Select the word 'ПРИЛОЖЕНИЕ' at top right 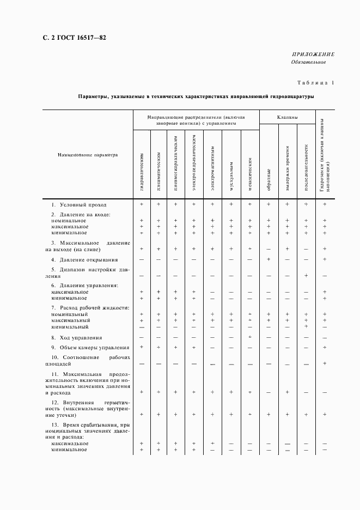(x=313, y=54)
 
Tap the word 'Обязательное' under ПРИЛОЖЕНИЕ (x=309, y=62)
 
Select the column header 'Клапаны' (x=287, y=117)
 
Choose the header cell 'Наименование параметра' (x=88, y=155)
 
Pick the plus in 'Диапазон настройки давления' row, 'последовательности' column (x=306, y=276)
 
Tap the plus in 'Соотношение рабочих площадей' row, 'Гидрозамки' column (x=325, y=363)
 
